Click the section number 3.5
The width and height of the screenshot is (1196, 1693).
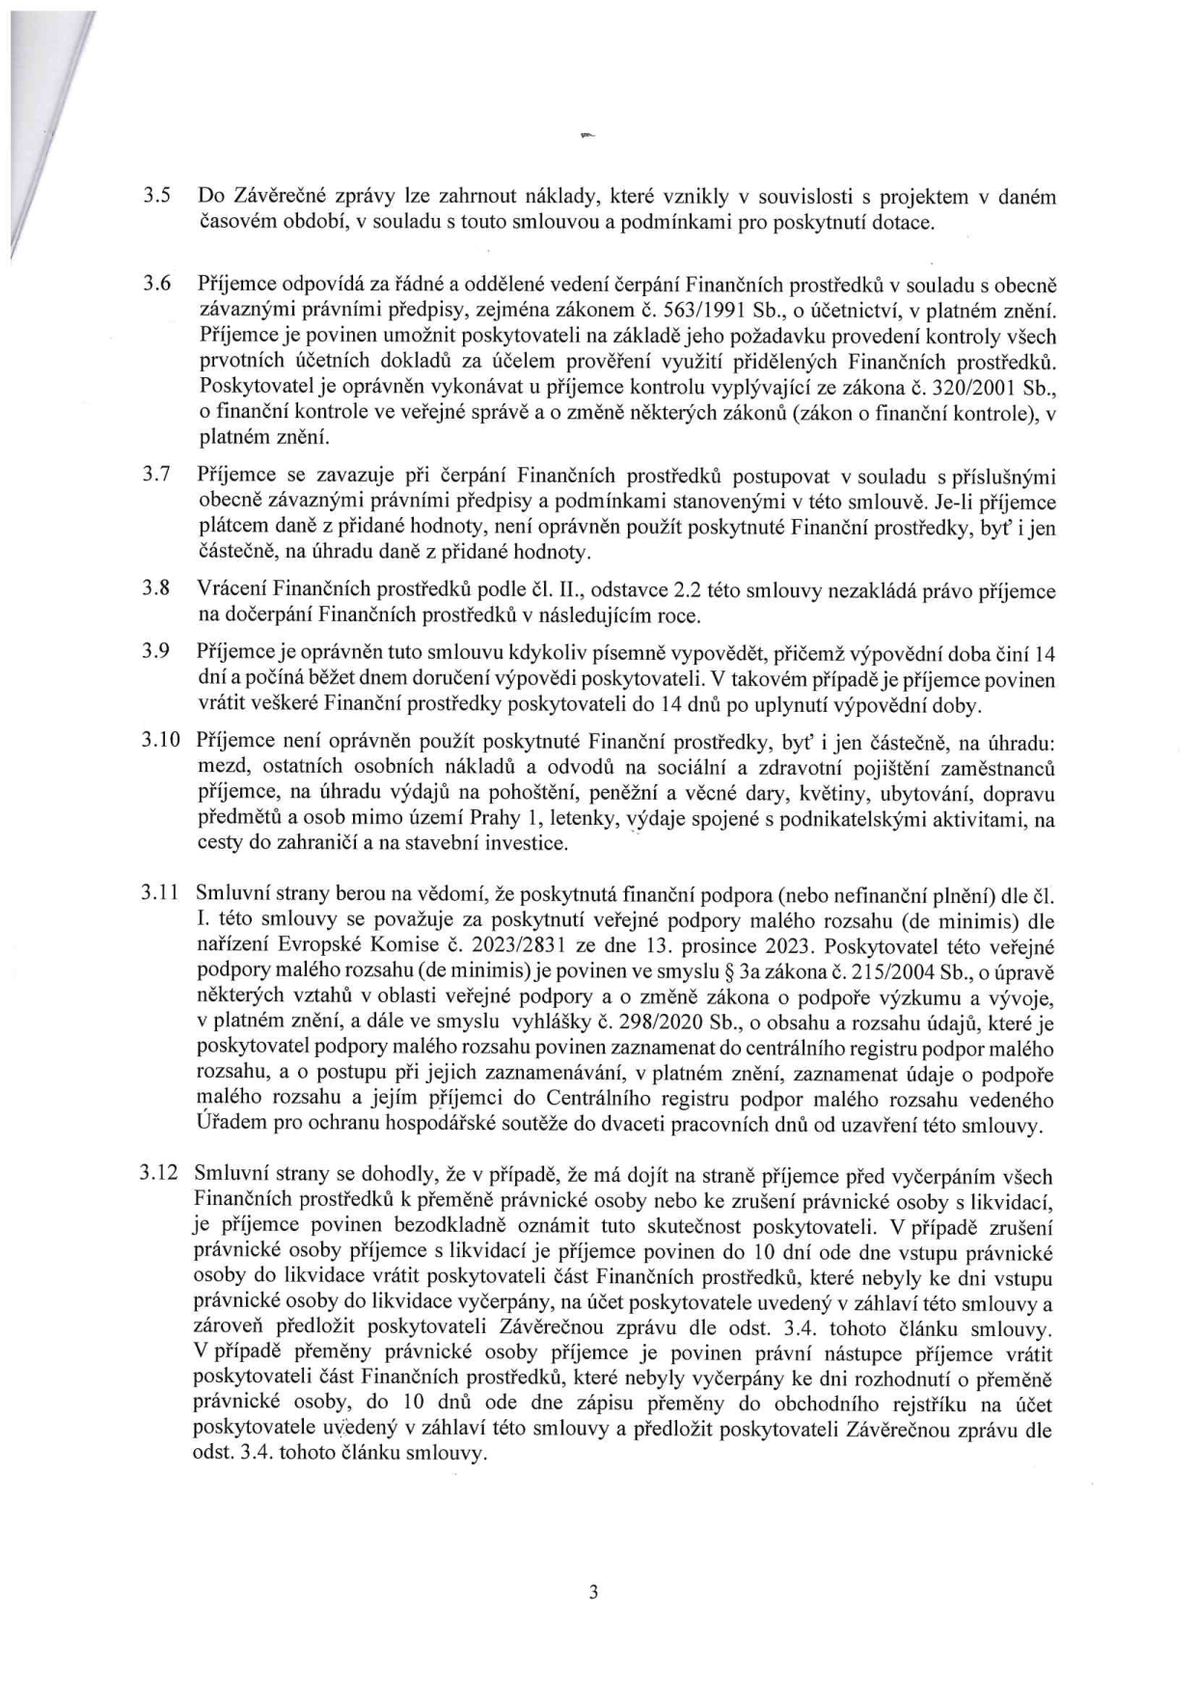tap(157, 196)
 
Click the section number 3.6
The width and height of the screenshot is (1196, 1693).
tap(157, 284)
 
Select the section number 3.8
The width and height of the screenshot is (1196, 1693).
tap(157, 588)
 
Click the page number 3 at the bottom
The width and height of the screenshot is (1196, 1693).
tap(593, 1592)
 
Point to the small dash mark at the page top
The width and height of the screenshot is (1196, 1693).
tap(585, 138)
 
